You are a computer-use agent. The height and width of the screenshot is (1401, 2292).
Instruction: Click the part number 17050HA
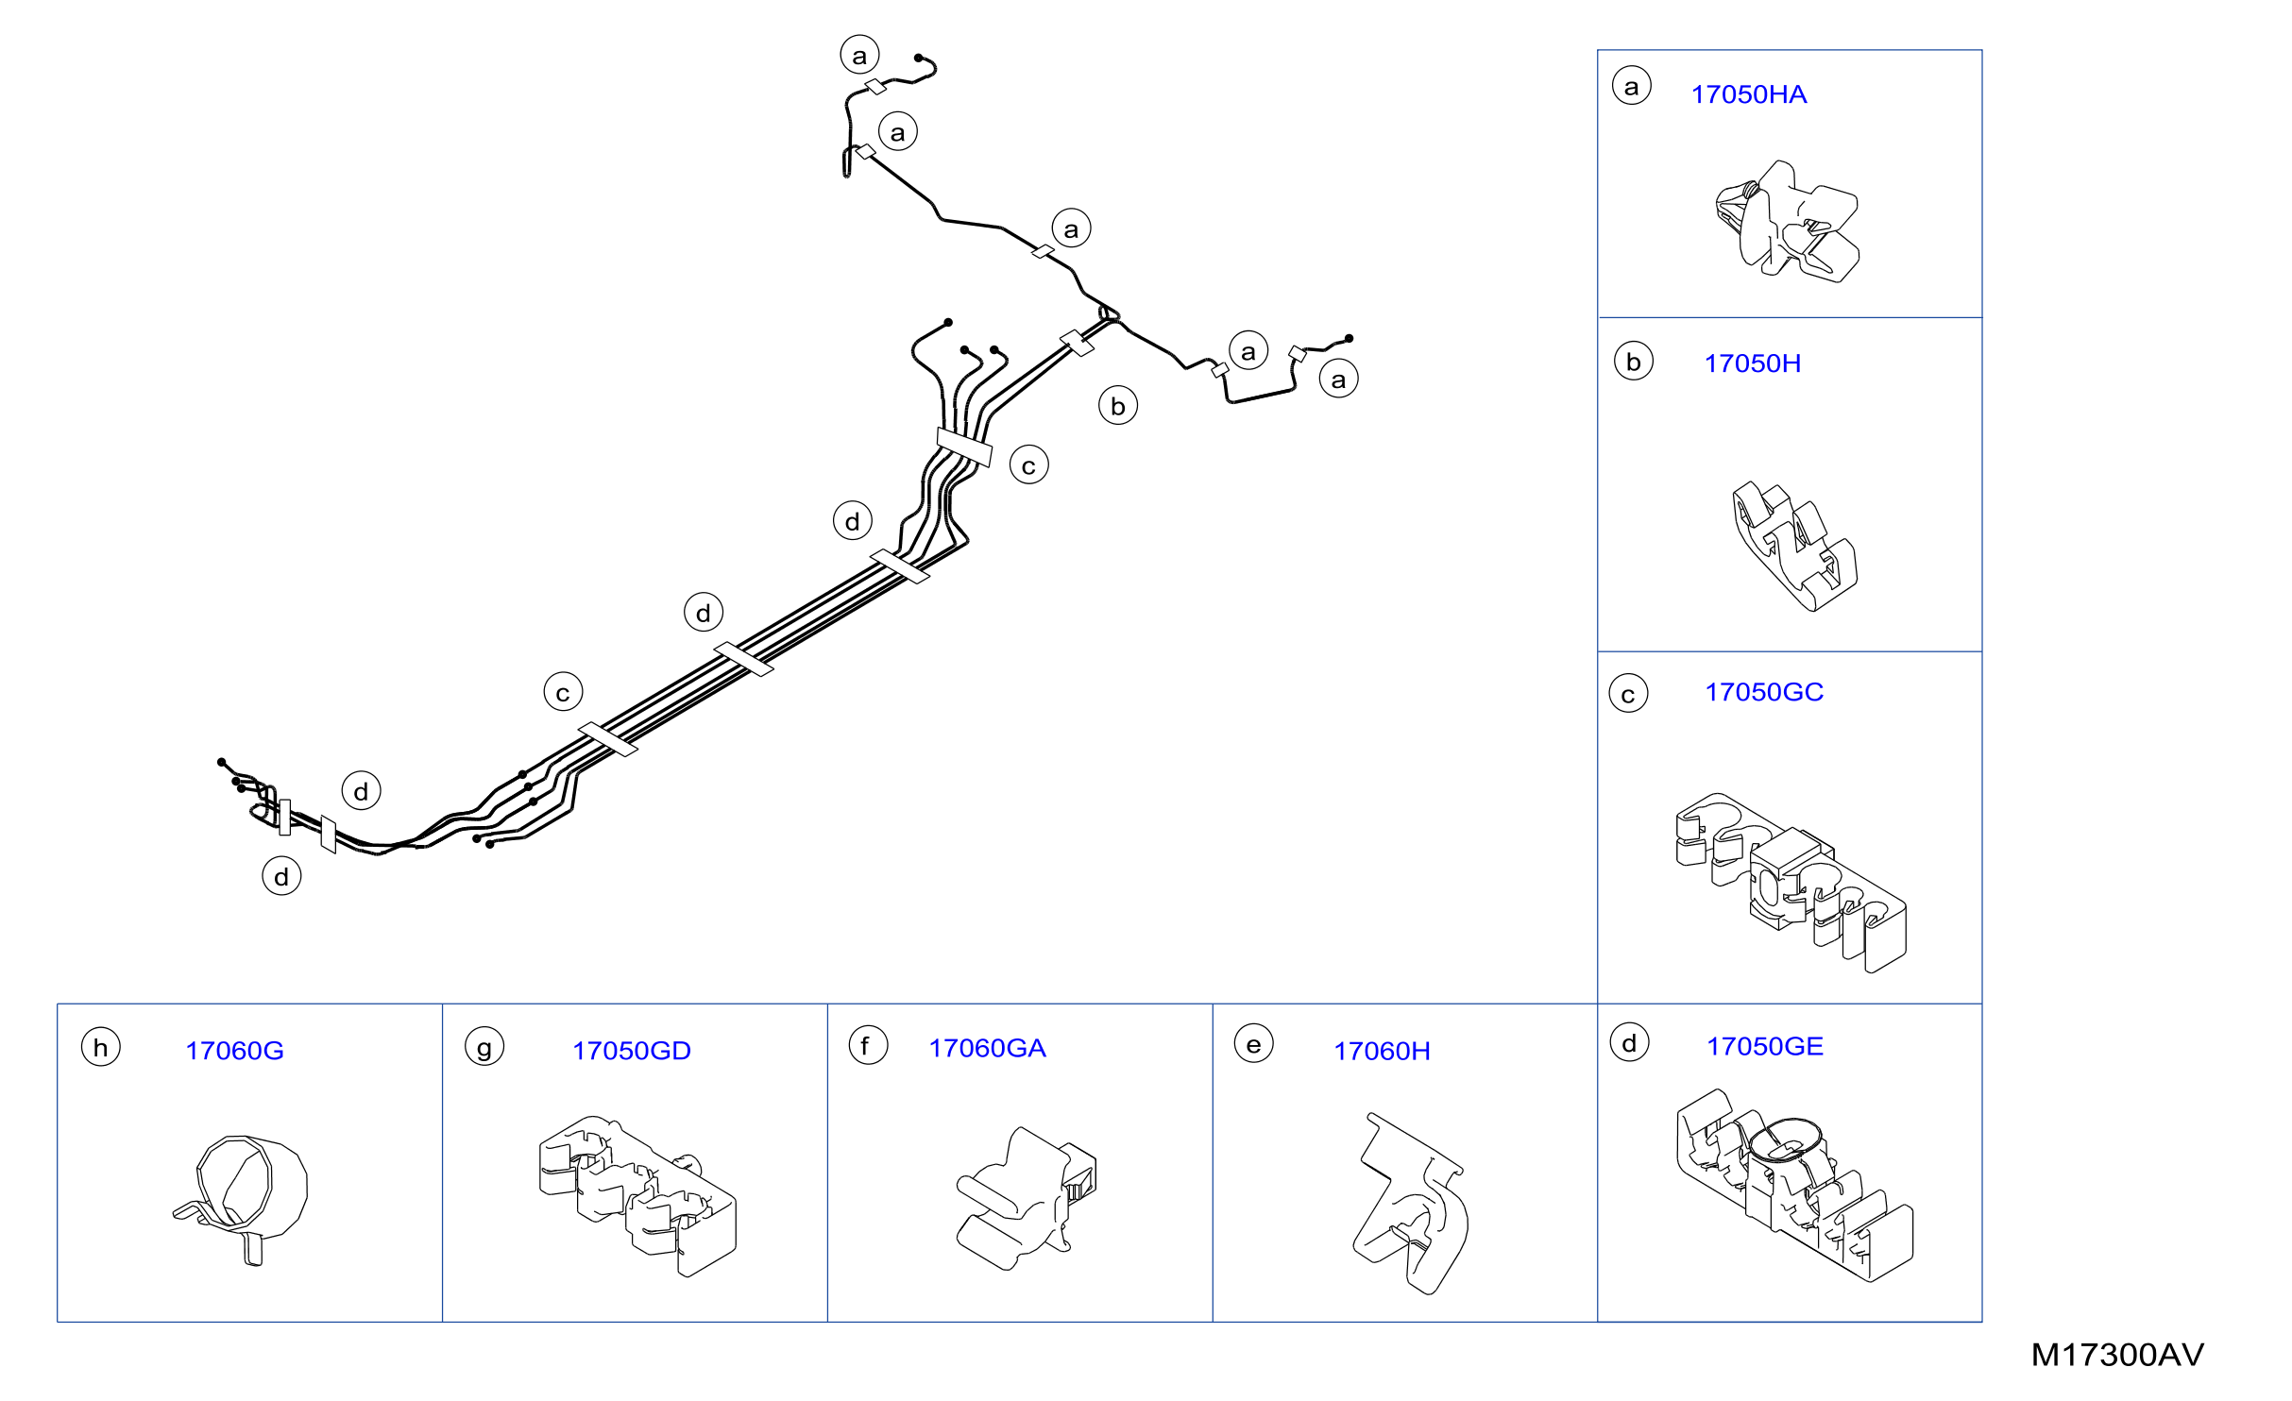1748,94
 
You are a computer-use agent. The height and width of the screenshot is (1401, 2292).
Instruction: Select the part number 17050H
1752,363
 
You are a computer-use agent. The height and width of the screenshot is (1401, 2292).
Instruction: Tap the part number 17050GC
1763,692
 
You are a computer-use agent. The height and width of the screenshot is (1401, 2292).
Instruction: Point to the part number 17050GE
1764,1046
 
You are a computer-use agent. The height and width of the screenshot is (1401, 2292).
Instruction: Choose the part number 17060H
1382,1051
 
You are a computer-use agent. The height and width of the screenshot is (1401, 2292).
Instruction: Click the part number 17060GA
987,1048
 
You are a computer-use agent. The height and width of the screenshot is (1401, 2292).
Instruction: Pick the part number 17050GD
631,1051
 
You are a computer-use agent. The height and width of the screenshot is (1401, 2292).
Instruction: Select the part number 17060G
234,1051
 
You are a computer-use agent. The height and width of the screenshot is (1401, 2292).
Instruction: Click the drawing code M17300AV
2117,1355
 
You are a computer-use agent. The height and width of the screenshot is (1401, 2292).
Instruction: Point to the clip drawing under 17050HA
1788,223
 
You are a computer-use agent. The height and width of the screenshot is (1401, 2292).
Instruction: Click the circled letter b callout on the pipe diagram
1118,406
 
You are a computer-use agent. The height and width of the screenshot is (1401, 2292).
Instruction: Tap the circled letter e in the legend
1254,1044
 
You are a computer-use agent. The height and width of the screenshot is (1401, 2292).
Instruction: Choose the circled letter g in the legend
484,1047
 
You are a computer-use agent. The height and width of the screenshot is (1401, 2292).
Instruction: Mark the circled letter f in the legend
868,1045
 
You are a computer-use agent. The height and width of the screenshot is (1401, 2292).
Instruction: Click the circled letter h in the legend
101,1047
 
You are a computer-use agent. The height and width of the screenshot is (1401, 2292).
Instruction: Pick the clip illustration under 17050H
1794,547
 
